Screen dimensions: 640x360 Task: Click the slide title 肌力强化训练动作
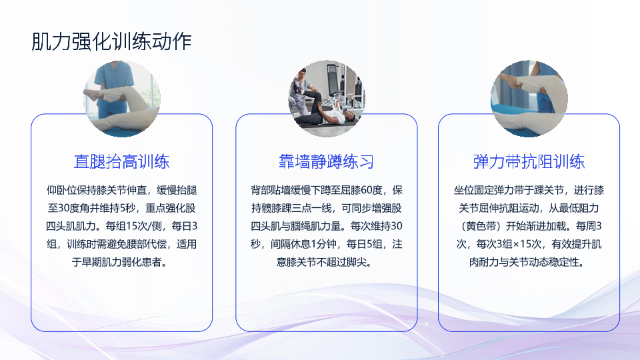click(x=111, y=41)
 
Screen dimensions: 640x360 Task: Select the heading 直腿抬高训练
click(x=121, y=161)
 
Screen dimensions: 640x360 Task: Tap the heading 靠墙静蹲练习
click(x=326, y=161)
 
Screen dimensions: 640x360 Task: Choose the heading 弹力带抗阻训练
click(x=529, y=161)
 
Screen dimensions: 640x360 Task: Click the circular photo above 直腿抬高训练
click(x=121, y=99)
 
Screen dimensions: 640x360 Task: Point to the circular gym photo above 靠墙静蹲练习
click(x=327, y=99)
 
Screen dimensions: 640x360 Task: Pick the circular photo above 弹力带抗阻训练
click(x=529, y=99)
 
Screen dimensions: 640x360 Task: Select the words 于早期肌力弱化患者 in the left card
click(x=117, y=262)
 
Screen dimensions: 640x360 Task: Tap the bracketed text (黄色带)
click(x=481, y=226)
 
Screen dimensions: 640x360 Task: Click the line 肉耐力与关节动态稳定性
click(x=524, y=262)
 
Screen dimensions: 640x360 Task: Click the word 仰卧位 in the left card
click(x=61, y=190)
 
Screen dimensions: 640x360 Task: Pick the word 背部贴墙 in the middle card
click(x=271, y=190)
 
